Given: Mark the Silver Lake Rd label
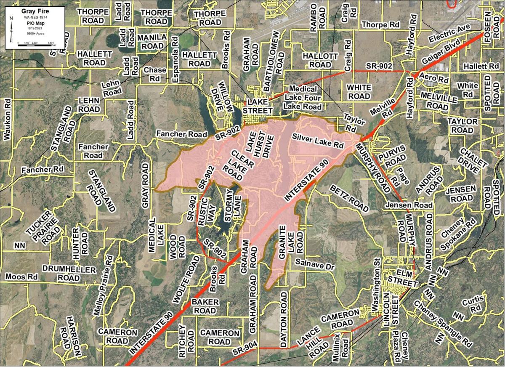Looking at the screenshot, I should [317, 141].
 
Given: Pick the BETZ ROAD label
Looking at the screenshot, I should [349, 197].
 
